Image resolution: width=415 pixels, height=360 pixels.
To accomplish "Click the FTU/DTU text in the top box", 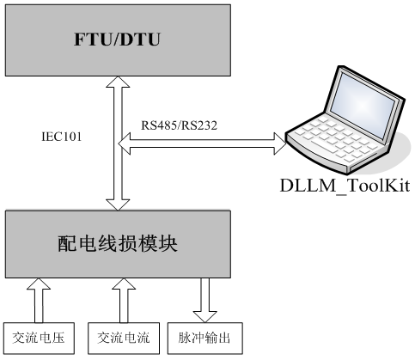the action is click(x=117, y=40).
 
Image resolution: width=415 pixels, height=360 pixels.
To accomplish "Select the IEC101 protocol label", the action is click(x=62, y=137).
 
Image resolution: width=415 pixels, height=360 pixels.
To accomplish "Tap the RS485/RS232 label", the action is click(x=179, y=125).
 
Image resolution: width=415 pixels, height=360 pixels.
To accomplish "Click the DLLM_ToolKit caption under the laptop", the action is click(x=345, y=186).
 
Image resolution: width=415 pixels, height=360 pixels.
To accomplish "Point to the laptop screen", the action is click(x=364, y=102).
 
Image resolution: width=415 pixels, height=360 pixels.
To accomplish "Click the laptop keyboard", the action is click(x=338, y=137).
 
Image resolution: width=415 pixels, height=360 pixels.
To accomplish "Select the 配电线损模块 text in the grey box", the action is click(x=118, y=244).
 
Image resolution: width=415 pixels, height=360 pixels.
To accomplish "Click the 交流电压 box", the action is click(x=39, y=339).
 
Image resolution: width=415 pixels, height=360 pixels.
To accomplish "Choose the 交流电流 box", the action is click(x=124, y=339).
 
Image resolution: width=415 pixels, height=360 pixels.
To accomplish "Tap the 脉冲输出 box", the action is click(x=205, y=339).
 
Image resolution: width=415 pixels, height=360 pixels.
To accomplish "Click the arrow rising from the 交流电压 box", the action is click(x=39, y=300).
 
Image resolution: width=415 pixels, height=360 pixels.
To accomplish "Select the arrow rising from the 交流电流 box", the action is click(x=124, y=300).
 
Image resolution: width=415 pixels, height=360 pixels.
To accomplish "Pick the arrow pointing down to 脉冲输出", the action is click(x=204, y=300).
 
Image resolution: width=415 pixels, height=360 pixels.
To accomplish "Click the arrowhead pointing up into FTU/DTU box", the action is click(x=118, y=82).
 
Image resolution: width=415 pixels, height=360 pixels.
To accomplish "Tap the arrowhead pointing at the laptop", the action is click(x=280, y=143).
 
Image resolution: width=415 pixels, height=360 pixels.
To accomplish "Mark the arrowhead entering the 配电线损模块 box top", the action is click(x=118, y=205).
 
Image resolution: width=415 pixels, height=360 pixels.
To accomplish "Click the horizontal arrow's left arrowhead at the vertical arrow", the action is click(x=125, y=143).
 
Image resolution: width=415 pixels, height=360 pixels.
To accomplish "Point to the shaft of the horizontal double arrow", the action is click(x=202, y=143).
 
